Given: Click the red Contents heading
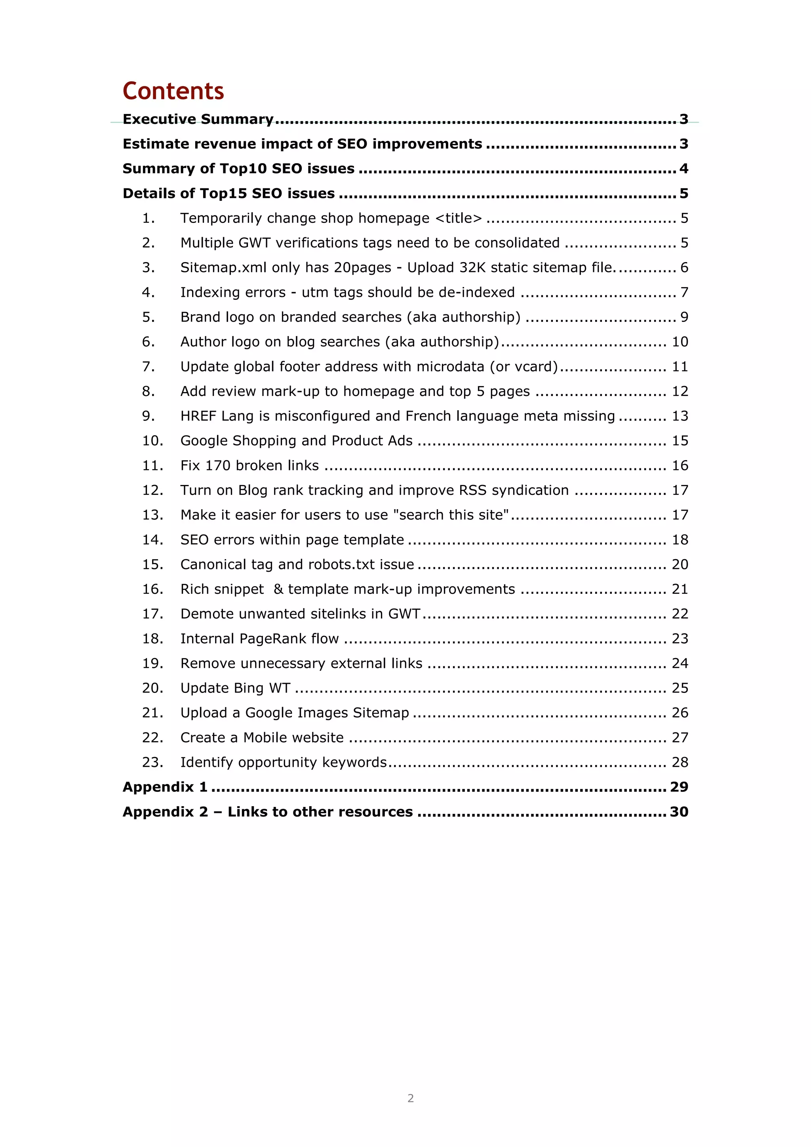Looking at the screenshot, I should [173, 91].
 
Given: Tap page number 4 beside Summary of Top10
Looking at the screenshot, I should [683, 169].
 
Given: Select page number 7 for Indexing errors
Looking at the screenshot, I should [684, 292].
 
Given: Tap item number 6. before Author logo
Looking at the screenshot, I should [148, 342].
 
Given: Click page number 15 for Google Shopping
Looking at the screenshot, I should [680, 441].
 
